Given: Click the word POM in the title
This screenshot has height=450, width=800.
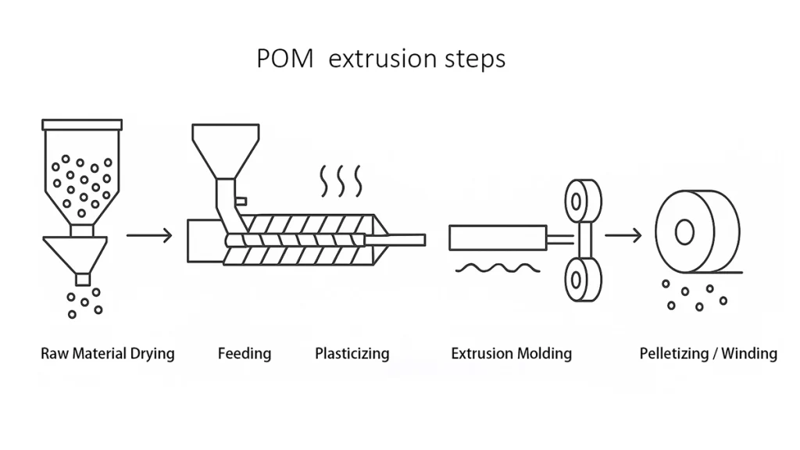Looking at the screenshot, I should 285,59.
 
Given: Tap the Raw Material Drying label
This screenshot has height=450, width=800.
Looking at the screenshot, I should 108,354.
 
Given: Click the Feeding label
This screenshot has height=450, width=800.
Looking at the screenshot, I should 245,354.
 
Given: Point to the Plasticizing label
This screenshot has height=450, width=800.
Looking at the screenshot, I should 352,354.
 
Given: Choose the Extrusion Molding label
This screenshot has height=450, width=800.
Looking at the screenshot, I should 511,354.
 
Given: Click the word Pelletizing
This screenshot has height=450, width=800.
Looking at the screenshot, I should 673,354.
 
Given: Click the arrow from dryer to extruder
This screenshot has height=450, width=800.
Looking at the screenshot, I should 149,234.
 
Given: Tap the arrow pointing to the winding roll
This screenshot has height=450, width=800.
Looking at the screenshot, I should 623,234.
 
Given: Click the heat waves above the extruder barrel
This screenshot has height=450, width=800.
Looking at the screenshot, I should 341,180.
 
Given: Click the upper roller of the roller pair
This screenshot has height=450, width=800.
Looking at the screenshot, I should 583,201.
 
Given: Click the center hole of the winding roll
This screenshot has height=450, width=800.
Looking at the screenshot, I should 684,231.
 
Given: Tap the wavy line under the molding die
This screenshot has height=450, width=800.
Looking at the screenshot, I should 497,268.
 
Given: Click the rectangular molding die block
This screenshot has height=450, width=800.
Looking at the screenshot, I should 497,237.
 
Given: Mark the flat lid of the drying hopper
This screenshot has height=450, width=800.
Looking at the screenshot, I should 81,124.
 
